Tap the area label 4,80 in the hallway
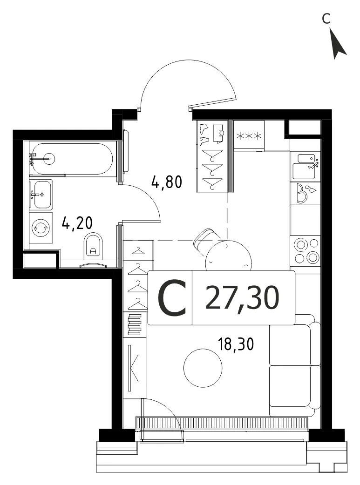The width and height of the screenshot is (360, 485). [x=167, y=182]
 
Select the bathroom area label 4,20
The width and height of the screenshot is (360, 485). [x=77, y=222]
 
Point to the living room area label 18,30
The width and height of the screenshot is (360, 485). [x=236, y=344]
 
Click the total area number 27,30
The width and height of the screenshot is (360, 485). [x=242, y=297]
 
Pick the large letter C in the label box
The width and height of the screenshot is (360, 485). [x=172, y=297]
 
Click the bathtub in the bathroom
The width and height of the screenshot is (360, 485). [x=72, y=159]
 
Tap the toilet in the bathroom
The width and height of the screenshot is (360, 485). [x=93, y=246]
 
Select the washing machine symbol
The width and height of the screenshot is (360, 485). [x=41, y=228]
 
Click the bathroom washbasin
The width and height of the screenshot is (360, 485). [x=41, y=195]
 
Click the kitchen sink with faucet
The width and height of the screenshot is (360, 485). [x=306, y=167]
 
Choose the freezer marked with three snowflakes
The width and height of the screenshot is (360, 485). [x=249, y=135]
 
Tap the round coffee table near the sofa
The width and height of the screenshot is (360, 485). [x=203, y=368]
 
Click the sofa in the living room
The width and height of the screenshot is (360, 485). [x=295, y=365]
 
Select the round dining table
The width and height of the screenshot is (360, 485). [x=229, y=256]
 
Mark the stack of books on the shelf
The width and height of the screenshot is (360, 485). [x=135, y=325]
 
